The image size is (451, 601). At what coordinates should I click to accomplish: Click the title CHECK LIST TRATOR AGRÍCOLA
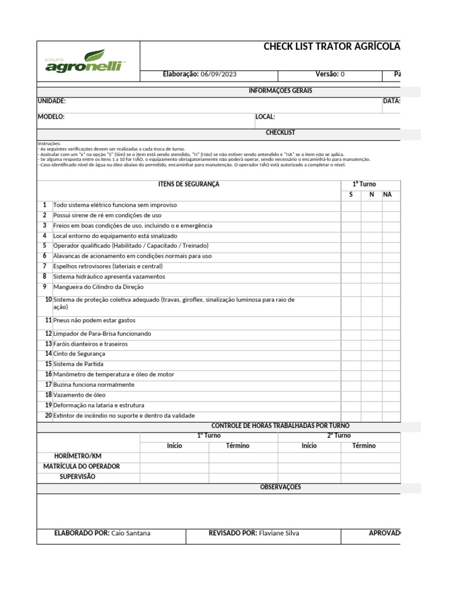[332, 47]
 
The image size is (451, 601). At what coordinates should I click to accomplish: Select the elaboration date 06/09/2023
[218, 75]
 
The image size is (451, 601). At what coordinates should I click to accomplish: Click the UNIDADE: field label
[52, 101]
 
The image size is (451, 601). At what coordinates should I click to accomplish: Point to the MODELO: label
[51, 117]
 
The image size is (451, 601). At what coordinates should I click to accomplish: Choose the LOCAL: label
[265, 117]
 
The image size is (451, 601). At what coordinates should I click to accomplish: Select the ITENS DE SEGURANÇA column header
[189, 184]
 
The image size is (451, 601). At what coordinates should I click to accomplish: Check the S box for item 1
[351, 205]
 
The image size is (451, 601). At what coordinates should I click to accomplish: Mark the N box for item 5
[371, 246]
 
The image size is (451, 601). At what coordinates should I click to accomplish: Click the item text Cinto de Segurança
[79, 354]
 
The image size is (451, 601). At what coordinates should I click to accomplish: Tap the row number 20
[48, 416]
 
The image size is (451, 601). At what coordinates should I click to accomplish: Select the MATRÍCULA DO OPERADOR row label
[82, 467]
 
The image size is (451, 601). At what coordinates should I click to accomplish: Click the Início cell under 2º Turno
[309, 446]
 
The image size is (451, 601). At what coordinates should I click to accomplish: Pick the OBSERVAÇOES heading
[280, 487]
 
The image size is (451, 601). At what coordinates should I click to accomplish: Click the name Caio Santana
[130, 533]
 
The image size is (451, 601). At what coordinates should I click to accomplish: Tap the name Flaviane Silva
[280, 533]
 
